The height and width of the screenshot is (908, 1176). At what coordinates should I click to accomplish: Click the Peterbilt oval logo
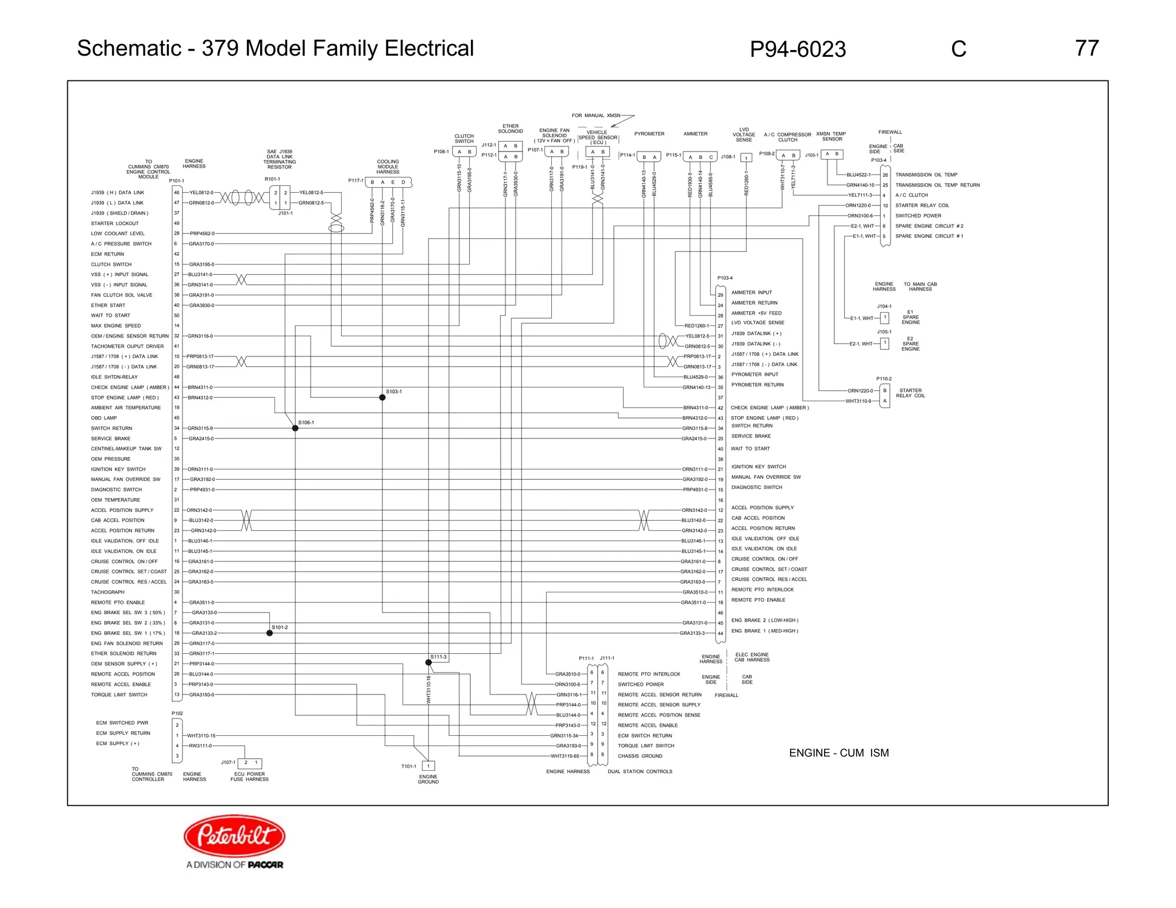click(x=234, y=836)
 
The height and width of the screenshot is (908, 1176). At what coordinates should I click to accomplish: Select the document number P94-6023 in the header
click(x=798, y=50)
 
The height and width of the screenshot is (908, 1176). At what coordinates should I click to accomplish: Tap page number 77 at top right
click(x=1086, y=49)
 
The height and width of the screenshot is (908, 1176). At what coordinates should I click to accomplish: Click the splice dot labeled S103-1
click(x=382, y=397)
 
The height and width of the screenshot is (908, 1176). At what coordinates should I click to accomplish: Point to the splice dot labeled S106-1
click(x=295, y=428)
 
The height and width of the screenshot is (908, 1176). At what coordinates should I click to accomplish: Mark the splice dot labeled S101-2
click(x=269, y=633)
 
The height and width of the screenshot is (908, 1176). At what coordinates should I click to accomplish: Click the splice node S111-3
click(x=428, y=662)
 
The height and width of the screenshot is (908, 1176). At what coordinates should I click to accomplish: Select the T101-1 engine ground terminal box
click(x=428, y=766)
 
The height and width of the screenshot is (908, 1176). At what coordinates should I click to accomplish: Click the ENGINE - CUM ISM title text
click(x=838, y=753)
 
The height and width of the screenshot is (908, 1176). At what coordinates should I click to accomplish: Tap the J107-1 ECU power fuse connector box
click(x=250, y=763)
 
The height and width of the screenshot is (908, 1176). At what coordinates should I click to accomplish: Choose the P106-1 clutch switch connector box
click(x=464, y=152)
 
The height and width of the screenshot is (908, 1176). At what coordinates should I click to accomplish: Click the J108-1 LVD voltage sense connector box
click(x=746, y=158)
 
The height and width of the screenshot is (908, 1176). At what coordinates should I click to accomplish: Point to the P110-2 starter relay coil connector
click(x=884, y=395)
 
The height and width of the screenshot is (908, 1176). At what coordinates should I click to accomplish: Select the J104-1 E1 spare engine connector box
click(x=885, y=317)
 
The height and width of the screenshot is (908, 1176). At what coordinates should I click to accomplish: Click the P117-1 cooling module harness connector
click(x=388, y=183)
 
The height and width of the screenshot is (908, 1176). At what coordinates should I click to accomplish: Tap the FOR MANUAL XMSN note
click(x=595, y=115)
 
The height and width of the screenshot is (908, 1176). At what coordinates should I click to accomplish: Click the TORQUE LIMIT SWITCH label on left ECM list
click(x=119, y=694)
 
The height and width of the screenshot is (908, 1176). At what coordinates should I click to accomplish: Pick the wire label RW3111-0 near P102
click(x=200, y=746)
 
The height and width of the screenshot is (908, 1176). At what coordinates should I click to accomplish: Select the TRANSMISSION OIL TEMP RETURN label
click(x=937, y=185)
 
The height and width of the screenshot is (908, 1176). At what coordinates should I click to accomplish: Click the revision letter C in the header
click(x=958, y=49)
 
